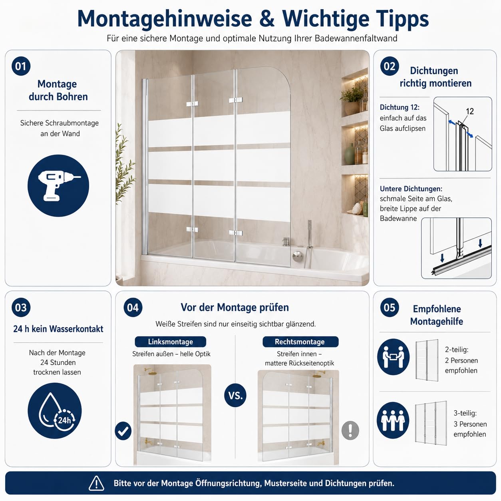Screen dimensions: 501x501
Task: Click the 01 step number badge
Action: tap(21, 66)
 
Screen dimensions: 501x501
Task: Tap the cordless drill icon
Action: tap(58, 185)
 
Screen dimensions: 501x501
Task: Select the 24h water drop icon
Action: tap(55, 411)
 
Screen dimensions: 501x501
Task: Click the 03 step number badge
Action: tap(21, 307)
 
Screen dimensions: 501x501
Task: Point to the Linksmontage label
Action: tap(170, 342)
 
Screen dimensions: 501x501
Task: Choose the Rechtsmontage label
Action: tap(300, 342)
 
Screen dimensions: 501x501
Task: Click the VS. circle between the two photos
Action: tap(235, 396)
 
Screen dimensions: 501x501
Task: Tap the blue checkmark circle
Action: tap(123, 431)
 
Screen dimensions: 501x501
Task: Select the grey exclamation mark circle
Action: tap(350, 430)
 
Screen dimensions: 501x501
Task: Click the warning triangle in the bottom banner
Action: tap(96, 483)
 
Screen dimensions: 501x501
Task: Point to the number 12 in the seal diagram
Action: tap(469, 111)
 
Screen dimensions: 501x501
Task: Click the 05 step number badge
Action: tap(389, 307)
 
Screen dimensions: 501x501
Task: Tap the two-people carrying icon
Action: tap(394, 357)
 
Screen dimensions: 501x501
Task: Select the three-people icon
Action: tap(393, 420)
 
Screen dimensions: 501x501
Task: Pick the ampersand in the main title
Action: tap(267, 19)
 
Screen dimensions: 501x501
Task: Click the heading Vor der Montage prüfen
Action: tap(235, 307)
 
